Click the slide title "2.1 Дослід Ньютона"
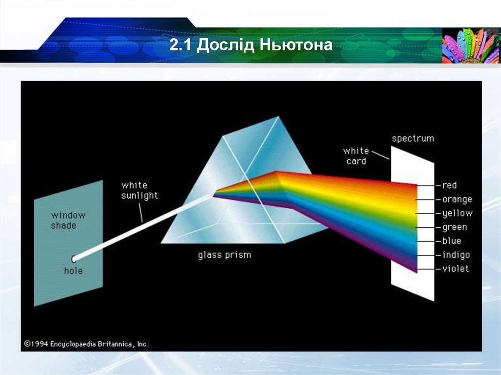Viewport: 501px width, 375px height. tap(251, 46)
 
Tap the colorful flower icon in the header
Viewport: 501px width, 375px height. tap(471, 45)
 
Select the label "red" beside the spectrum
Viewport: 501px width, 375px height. tap(449, 185)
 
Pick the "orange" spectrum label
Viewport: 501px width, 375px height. tap(457, 199)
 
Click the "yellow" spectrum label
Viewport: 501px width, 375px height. tap(457, 213)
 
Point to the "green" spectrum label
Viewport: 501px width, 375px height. tap(455, 227)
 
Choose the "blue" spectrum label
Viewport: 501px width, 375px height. tap(452, 241)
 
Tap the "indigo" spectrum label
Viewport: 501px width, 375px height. tap(455, 255)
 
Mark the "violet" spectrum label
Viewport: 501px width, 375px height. tap(455, 268)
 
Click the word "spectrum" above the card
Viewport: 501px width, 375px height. tap(412, 138)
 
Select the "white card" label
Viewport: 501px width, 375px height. tap(356, 156)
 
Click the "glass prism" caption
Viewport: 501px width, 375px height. tap(224, 255)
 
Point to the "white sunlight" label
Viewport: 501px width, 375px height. tap(139, 190)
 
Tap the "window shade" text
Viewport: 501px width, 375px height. tap(68, 220)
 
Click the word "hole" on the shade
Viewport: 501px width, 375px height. tap(73, 271)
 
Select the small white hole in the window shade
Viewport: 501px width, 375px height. tap(74, 259)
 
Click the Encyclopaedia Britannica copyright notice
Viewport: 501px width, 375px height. tap(86, 344)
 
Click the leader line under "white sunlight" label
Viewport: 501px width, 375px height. tap(141, 213)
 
